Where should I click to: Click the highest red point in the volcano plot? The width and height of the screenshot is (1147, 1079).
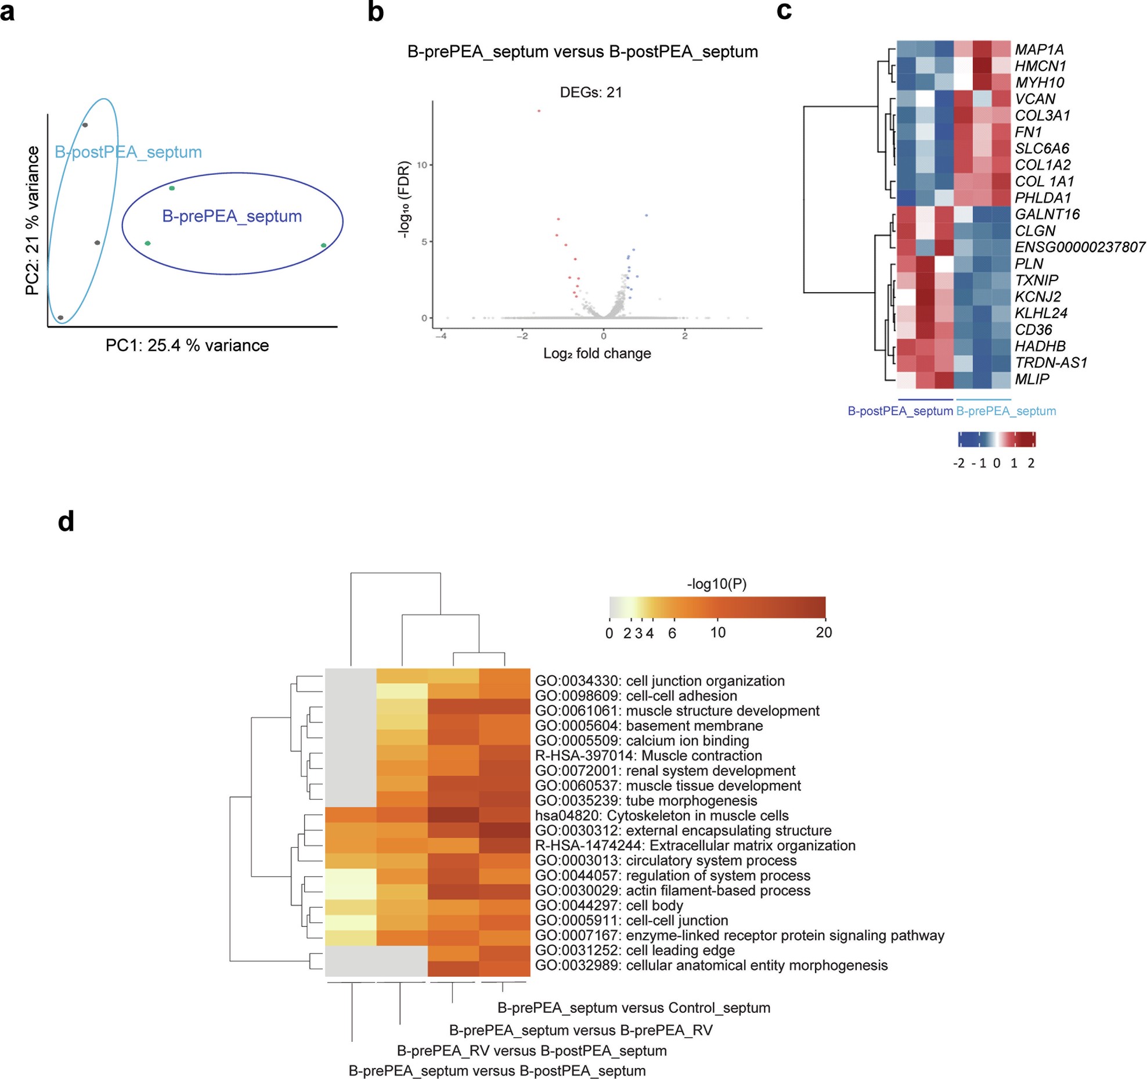click(x=539, y=111)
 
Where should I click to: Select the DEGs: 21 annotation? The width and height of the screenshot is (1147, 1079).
click(x=590, y=92)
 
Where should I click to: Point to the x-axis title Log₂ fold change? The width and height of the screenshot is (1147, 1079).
click(x=597, y=353)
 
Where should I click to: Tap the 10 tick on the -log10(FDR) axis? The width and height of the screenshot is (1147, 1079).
click(x=421, y=165)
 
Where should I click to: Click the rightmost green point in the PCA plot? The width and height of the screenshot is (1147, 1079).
click(x=323, y=246)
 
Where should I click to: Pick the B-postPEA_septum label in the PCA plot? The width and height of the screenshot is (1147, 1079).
click(x=128, y=152)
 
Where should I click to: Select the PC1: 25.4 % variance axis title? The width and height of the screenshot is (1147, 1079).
click(x=187, y=346)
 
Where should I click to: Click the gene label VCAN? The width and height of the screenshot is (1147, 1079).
click(x=1034, y=99)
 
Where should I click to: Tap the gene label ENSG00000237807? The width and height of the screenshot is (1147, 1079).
click(x=1079, y=247)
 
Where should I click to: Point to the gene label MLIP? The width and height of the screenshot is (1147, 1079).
click(x=1031, y=379)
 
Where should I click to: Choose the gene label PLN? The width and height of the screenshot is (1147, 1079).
click(x=1029, y=264)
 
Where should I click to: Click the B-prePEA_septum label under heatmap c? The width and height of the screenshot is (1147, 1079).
click(x=1005, y=411)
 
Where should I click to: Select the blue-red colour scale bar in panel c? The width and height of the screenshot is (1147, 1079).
click(x=996, y=439)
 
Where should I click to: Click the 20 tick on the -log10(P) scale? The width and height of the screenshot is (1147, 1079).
click(x=823, y=633)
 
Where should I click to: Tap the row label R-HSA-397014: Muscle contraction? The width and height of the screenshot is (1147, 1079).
click(x=648, y=756)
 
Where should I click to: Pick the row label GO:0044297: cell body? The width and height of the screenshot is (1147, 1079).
click(x=608, y=905)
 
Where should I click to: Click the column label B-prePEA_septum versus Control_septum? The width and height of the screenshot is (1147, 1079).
click(x=633, y=1008)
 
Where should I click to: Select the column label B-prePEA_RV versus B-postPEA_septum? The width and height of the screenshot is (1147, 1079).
click(x=531, y=1051)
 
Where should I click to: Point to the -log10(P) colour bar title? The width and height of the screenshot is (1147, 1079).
click(x=716, y=584)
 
